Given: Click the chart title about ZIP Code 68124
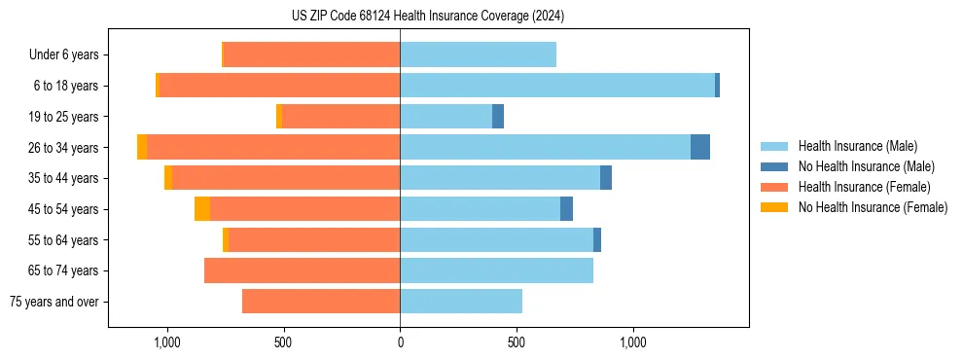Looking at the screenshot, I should tap(427, 16).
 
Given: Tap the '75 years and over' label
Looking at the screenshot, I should tap(54, 302).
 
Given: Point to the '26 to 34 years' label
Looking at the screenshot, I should tap(64, 148).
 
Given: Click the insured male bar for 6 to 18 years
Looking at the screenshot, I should tap(557, 86).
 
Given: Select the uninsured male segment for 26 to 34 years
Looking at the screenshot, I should tap(700, 147).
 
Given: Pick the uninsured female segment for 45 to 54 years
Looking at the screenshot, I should tap(202, 209).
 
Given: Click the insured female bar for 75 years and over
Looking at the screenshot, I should tap(321, 302).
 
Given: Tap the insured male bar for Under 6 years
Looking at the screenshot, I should tap(478, 54).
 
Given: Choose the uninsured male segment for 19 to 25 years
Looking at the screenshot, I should tap(498, 117).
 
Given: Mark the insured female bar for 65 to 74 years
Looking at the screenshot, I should tap(302, 270).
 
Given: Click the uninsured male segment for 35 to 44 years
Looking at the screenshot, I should tap(606, 178).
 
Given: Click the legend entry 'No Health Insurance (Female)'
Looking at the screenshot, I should tap(873, 207).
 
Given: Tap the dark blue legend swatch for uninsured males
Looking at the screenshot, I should tap(774, 166).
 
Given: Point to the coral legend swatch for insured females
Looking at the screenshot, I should tap(774, 187).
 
